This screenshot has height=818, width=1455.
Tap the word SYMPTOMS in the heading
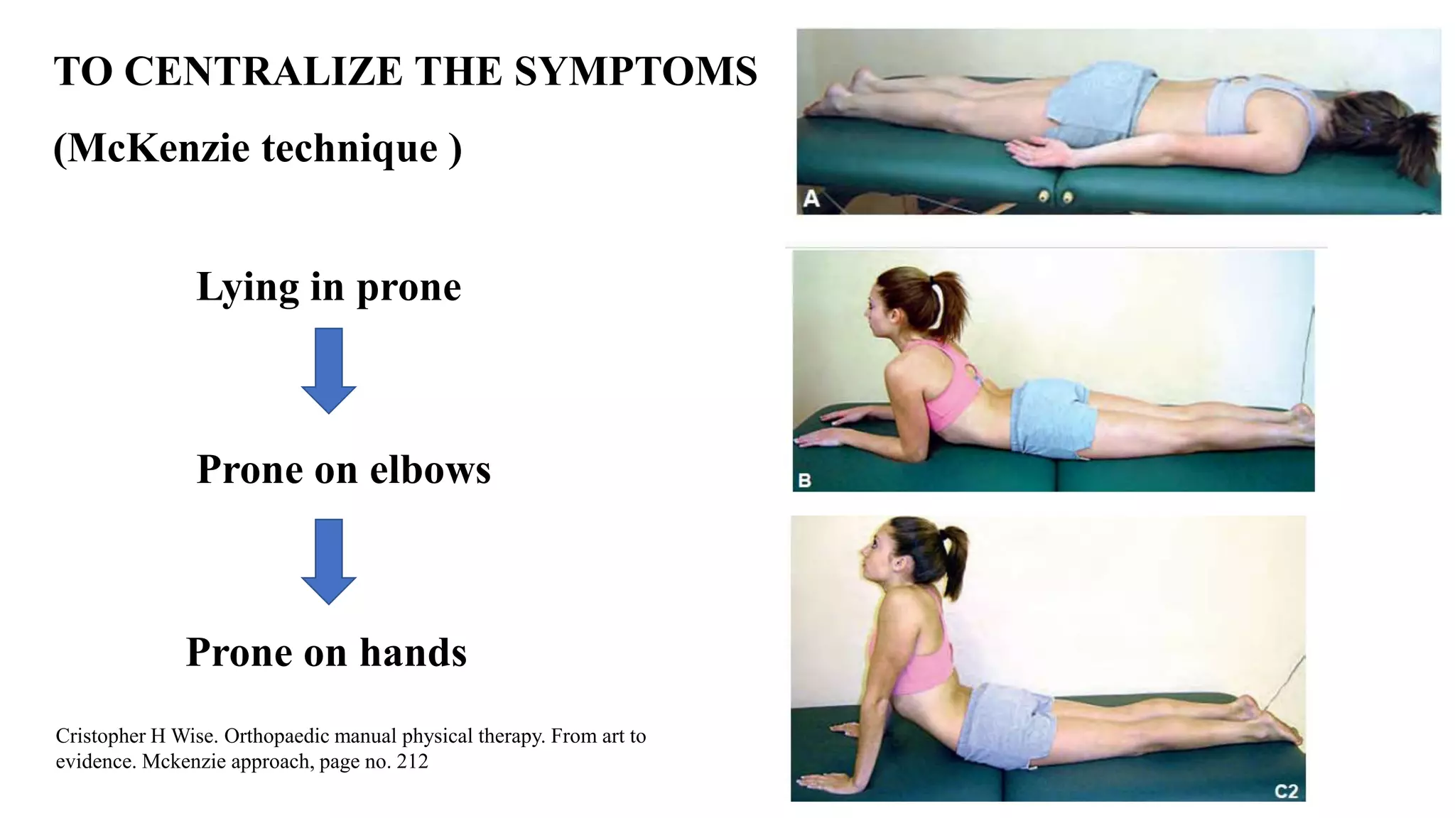pyautogui.click(x=635, y=71)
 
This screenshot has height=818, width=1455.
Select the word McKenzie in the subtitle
pyautogui.click(x=158, y=148)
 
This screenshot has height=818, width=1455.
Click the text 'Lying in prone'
pyautogui.click(x=328, y=287)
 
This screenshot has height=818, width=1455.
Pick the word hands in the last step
pyautogui.click(x=413, y=652)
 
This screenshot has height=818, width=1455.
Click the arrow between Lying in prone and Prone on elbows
pyautogui.click(x=328, y=369)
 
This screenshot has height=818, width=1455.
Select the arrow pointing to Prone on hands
pyautogui.click(x=328, y=560)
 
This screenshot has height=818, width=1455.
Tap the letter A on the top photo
pyautogui.click(x=811, y=198)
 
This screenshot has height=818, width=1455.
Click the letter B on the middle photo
pyautogui.click(x=805, y=481)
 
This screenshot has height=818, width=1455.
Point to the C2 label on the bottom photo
pyautogui.click(x=1286, y=791)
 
